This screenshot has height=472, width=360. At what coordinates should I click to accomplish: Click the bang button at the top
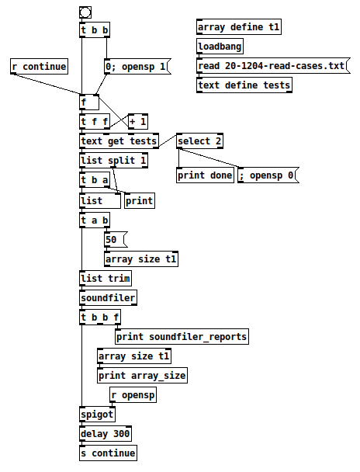(x=85, y=12)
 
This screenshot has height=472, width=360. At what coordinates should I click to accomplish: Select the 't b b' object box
(x=95, y=30)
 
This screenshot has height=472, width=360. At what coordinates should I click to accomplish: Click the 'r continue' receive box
(x=39, y=67)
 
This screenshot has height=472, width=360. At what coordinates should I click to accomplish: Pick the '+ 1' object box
(x=137, y=122)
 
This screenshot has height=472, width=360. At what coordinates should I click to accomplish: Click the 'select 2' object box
(x=200, y=141)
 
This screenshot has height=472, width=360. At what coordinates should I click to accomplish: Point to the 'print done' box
(x=205, y=175)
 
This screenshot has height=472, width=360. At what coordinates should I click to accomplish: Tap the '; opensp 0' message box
(x=267, y=175)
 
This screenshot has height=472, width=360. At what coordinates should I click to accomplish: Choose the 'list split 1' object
(x=113, y=160)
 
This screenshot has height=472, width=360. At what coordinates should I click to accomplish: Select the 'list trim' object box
(x=106, y=278)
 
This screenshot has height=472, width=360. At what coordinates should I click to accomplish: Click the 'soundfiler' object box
(x=109, y=297)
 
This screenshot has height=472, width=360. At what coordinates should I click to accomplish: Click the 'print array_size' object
(x=142, y=376)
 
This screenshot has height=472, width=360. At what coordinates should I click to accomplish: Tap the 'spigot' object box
(x=97, y=415)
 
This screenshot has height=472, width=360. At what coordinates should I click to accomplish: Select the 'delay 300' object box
(x=106, y=433)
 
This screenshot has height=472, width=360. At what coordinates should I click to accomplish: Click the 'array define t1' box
(x=239, y=28)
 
